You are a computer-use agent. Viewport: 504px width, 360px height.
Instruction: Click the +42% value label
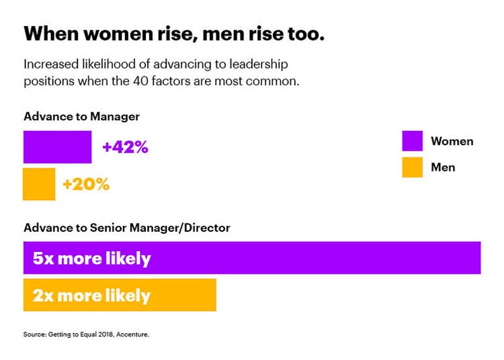(x=125, y=147)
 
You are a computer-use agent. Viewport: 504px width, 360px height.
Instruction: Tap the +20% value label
(x=86, y=184)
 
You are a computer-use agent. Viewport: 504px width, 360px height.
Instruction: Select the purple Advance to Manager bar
(x=57, y=147)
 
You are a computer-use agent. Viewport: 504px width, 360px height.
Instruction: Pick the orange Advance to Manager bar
(x=39, y=184)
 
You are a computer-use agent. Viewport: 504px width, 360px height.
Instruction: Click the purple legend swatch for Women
(x=412, y=141)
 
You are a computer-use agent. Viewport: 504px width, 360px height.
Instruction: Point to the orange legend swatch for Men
(x=412, y=167)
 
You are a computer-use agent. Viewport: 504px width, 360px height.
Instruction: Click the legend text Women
(x=452, y=141)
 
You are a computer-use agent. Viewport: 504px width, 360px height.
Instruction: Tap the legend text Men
(x=443, y=167)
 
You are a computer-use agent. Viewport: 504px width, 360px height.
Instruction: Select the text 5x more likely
(x=91, y=259)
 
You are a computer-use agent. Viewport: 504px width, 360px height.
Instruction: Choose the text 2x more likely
(x=91, y=296)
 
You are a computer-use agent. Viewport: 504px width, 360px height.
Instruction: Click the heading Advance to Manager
(x=81, y=116)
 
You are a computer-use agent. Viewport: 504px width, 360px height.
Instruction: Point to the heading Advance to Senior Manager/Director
(x=126, y=228)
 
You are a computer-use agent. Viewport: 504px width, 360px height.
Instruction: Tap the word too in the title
(x=307, y=34)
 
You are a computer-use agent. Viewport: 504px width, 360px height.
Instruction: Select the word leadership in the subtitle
(x=268, y=64)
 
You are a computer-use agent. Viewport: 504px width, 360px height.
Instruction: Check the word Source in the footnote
(x=34, y=334)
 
